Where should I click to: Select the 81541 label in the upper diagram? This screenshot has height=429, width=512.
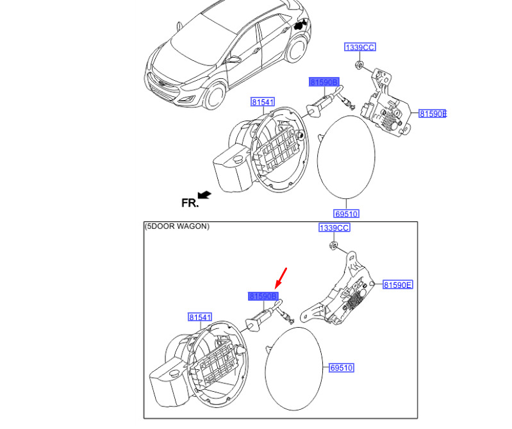click(x=262, y=103)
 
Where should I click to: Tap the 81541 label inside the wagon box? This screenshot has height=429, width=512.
click(x=199, y=317)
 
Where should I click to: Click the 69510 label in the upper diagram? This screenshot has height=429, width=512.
click(x=345, y=214)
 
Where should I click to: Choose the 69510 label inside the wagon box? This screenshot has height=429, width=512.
click(x=342, y=368)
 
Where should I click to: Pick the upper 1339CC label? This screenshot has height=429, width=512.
click(x=359, y=47)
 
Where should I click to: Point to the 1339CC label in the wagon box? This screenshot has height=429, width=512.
click(x=334, y=228)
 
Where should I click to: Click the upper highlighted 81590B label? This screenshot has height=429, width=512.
click(x=326, y=82)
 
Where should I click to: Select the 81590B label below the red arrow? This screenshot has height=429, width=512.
click(x=263, y=296)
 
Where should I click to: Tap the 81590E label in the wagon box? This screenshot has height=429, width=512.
click(x=398, y=285)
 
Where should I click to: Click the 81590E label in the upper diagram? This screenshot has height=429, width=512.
click(x=433, y=114)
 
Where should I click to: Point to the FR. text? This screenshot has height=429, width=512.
click(x=190, y=203)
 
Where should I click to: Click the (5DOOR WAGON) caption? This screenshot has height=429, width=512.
click(x=177, y=226)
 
